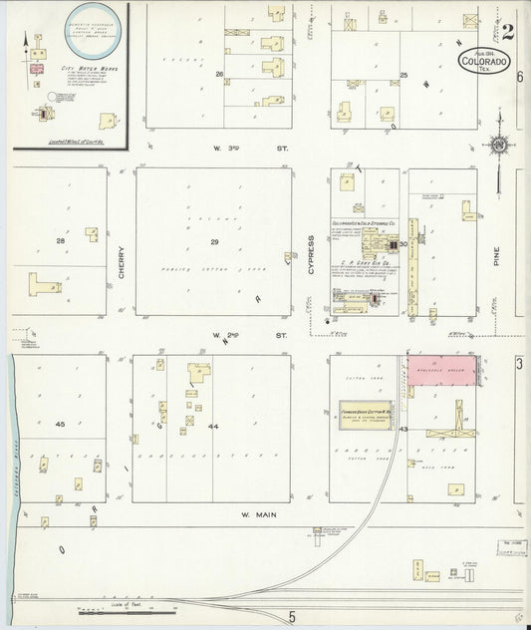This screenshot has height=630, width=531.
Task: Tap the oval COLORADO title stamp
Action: tap(484, 61)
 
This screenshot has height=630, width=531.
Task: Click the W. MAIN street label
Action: tap(257, 515)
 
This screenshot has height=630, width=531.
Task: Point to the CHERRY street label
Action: tap(121, 260)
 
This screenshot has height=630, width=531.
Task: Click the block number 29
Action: tap(213, 242)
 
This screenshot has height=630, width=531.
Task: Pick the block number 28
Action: tap(60, 241)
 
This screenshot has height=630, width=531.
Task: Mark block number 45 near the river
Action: tap(60, 425)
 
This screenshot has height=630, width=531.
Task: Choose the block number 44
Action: tap(212, 426)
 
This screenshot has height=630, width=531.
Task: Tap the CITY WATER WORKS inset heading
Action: tap(83, 68)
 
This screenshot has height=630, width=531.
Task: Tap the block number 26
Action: tap(218, 74)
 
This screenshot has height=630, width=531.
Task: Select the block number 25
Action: tap(403, 76)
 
